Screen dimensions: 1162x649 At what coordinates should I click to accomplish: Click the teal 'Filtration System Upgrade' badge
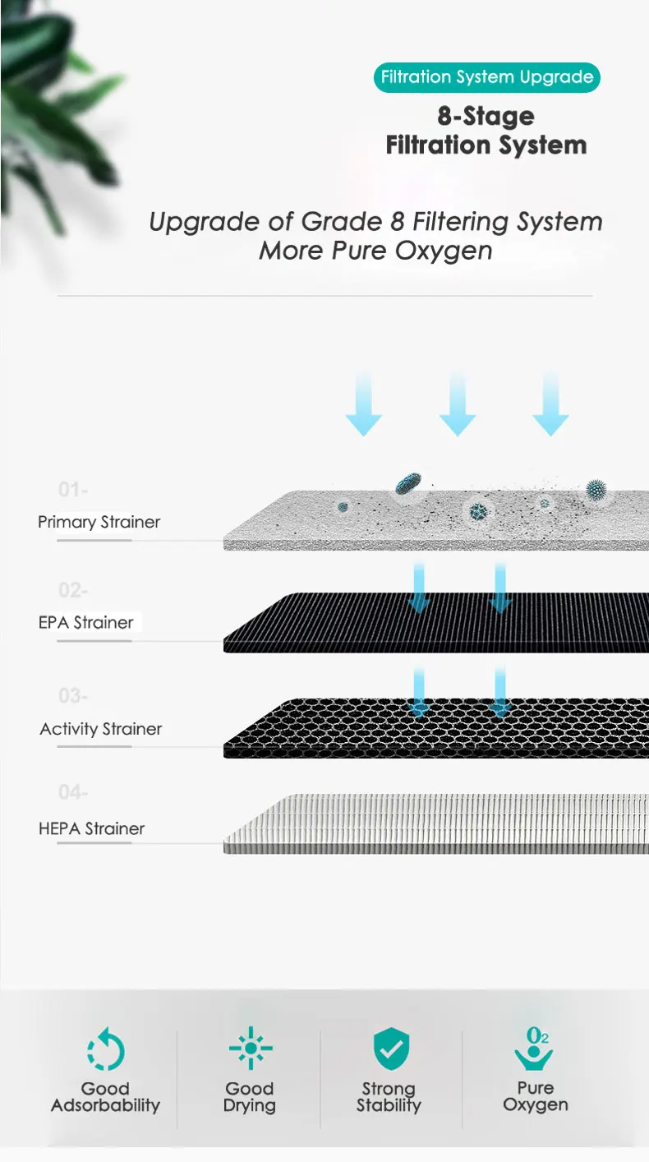tap(486, 78)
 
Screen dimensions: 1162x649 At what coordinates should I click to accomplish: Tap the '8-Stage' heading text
tap(486, 116)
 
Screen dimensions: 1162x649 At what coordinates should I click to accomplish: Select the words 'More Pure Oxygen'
tap(375, 250)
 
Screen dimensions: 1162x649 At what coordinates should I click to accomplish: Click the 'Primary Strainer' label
tap(99, 522)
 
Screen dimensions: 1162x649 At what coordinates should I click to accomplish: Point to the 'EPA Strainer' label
tap(85, 622)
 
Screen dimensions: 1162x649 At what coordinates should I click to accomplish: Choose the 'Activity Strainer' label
tap(100, 729)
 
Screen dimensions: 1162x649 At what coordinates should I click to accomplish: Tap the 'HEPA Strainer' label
tap(91, 828)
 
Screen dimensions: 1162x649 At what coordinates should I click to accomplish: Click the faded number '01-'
tap(73, 490)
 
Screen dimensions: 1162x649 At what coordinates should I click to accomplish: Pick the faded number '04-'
tap(73, 793)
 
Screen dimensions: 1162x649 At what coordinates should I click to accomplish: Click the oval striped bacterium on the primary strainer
tap(407, 483)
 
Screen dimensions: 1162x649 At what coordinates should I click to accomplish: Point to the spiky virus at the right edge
tap(598, 491)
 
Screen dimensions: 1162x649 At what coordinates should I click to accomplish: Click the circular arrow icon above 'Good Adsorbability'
tap(105, 1049)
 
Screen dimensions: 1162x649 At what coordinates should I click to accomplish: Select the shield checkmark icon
tap(391, 1048)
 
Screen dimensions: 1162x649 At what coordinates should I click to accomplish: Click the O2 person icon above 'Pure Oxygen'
tap(535, 1048)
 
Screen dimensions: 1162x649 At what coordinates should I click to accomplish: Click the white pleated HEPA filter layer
tap(436, 822)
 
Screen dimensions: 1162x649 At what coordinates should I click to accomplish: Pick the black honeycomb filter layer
tap(436, 727)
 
